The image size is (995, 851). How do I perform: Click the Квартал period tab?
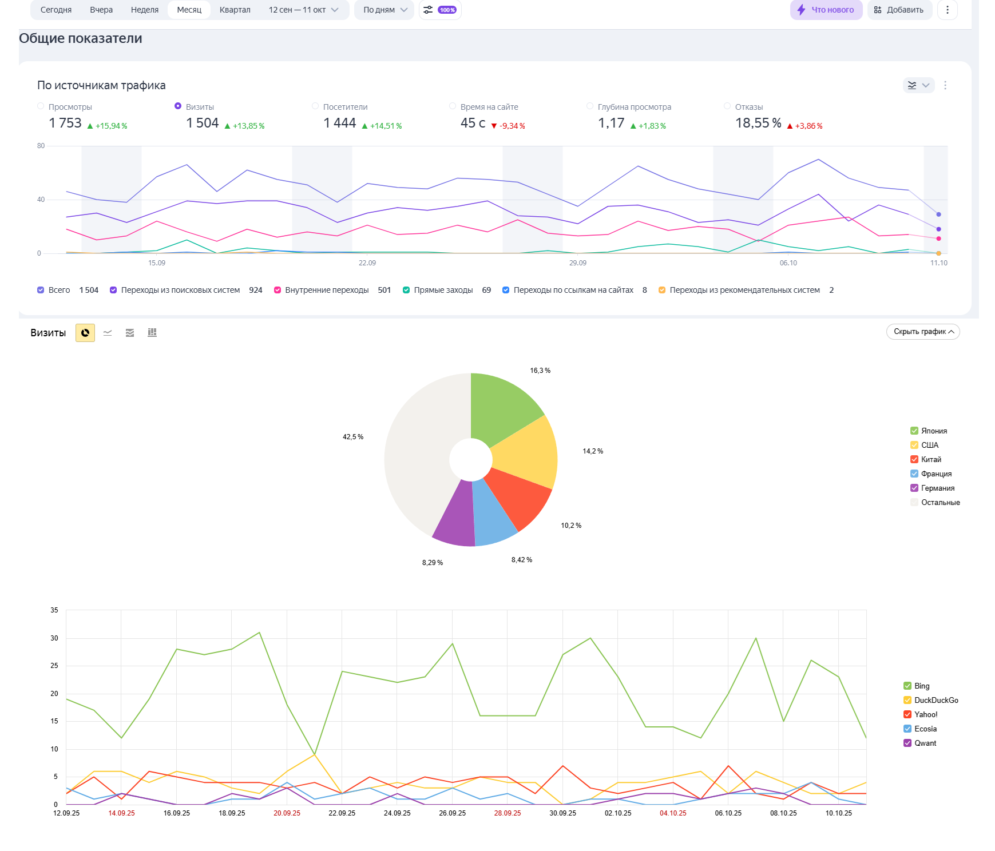(235, 10)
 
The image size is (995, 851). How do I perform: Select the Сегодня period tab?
(56, 10)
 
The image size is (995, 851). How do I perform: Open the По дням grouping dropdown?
(384, 10)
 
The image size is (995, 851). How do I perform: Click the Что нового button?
(826, 10)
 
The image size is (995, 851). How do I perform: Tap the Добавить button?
(899, 10)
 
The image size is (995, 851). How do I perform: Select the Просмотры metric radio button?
(41, 106)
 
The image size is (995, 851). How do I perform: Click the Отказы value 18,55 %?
(758, 124)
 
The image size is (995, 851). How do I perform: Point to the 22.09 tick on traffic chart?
(367, 263)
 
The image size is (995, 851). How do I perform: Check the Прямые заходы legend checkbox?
(406, 290)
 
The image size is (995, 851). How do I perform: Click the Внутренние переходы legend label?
(327, 290)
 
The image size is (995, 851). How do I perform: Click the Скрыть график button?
(922, 332)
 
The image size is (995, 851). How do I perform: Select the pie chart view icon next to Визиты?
(85, 333)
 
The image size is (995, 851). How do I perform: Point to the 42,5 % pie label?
(353, 437)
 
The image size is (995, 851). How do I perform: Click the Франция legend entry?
(936, 474)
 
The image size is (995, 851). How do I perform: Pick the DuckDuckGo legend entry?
(935, 700)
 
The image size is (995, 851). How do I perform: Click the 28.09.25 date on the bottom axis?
(508, 813)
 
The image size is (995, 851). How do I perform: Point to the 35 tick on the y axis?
(54, 610)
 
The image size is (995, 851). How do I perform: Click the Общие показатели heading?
(81, 38)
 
